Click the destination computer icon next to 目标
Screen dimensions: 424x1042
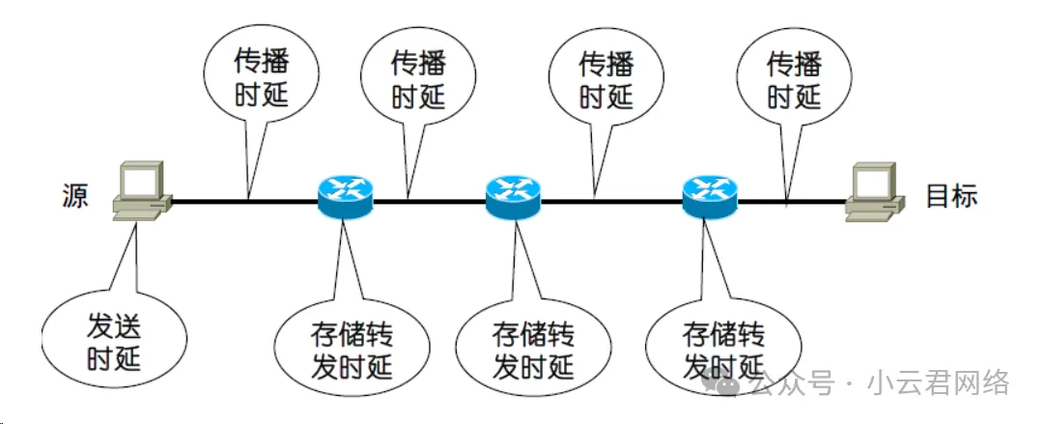[873, 190]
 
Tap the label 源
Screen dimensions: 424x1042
[73, 196]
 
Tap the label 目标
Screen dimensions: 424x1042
[952, 196]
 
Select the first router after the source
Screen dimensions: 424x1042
[345, 196]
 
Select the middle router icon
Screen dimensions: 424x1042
[513, 196]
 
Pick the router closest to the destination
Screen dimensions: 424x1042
[709, 196]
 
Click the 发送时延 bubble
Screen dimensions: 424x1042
[113, 341]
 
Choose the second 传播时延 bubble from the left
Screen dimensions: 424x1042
[417, 80]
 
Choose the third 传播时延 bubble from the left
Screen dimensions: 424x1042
[605, 80]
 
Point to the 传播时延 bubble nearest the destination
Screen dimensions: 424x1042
[794, 80]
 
